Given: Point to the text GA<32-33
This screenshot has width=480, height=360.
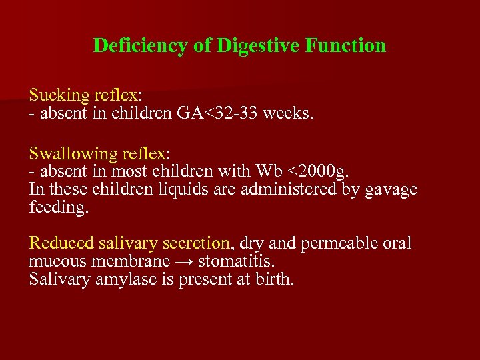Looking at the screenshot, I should click(218, 113).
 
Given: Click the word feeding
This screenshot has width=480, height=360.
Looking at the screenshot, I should click(59, 207).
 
